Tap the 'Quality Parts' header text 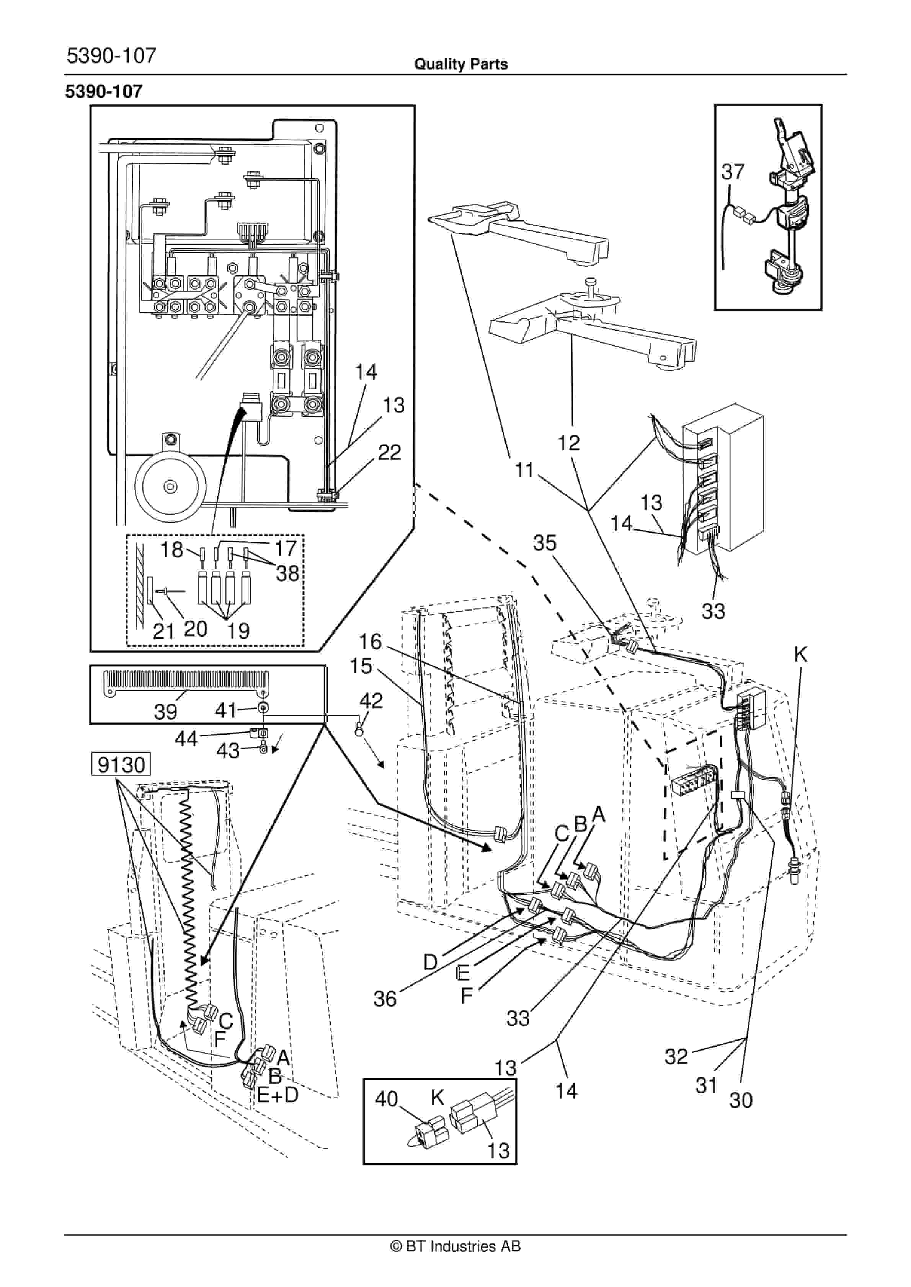tap(460, 64)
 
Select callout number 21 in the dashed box tap(163, 631)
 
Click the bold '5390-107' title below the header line tap(104, 91)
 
